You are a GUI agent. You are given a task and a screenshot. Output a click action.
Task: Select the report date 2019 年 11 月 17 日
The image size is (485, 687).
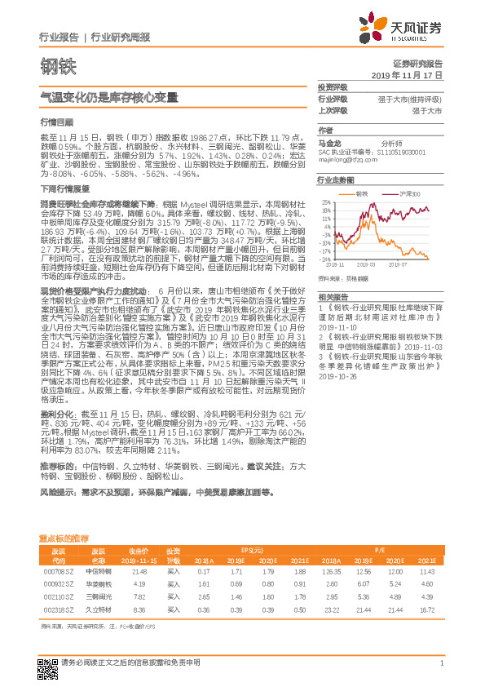[x=412, y=74]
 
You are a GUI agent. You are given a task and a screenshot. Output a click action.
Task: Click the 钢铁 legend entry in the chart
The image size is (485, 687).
[x=362, y=194]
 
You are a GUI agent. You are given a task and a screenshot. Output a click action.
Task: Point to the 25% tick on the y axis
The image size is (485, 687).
[x=326, y=202]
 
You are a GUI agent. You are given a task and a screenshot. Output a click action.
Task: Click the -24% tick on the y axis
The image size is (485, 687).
[x=325, y=259]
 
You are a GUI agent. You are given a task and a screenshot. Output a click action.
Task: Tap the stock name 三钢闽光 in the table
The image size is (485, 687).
[x=98, y=597]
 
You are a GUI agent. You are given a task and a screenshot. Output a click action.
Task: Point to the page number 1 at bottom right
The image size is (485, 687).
[x=441, y=672]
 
